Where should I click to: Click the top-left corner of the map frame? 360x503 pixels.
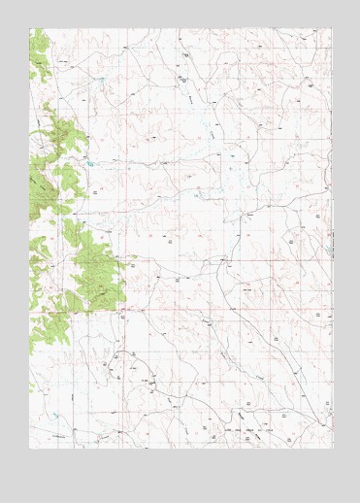click(x=29, y=28)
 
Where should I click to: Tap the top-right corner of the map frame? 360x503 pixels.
click(x=332, y=28)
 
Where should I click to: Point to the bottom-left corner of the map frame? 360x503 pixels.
click(x=29, y=448)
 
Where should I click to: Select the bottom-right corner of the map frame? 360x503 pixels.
click(x=332, y=448)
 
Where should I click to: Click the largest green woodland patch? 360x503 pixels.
click(x=95, y=272)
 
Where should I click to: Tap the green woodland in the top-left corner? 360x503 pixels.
click(x=38, y=53)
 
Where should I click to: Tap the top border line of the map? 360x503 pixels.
click(x=180, y=28)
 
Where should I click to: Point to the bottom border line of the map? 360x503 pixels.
click(x=180, y=448)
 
